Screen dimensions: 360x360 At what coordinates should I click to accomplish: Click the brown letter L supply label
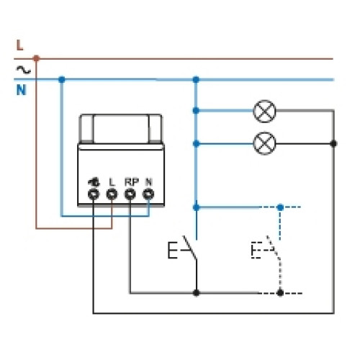tap(20, 45)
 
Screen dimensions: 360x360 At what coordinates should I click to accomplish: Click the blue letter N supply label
tap(21, 90)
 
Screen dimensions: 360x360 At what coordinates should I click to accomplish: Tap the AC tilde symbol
tap(23, 70)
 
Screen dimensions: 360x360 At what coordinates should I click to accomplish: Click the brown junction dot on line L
tap(36, 58)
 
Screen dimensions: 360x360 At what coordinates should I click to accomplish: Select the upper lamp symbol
tap(264, 111)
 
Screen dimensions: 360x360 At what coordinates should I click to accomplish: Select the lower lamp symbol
tap(264, 143)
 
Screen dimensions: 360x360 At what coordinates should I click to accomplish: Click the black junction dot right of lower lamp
tap(333, 144)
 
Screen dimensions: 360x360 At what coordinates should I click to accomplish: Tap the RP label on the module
tap(132, 182)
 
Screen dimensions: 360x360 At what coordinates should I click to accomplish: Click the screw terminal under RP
tap(130, 194)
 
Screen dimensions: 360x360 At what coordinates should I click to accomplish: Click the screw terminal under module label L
tap(112, 194)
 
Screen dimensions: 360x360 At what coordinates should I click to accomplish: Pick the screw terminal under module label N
tap(148, 194)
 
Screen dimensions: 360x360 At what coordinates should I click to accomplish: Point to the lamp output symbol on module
tap(94, 182)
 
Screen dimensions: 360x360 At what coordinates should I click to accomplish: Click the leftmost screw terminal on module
tap(94, 194)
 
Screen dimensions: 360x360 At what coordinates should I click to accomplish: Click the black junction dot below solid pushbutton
tap(197, 293)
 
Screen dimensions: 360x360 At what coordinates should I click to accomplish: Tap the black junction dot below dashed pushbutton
tap(280, 293)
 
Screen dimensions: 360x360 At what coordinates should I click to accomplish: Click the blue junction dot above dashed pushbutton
tap(280, 207)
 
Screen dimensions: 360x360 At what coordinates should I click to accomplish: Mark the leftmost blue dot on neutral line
tap(62, 79)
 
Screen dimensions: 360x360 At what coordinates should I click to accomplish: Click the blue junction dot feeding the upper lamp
tap(196, 111)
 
